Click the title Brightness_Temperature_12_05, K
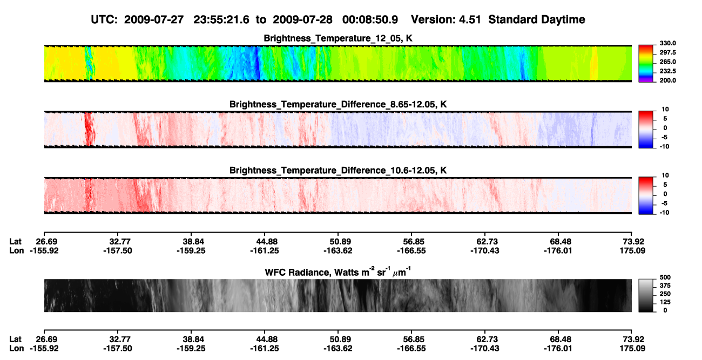[338, 38]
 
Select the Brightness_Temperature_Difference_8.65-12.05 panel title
[338, 104]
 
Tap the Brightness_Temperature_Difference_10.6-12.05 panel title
[338, 171]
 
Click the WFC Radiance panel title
[338, 272]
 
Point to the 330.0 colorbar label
[667, 43]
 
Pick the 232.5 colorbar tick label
[667, 71]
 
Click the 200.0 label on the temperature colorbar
[667, 80]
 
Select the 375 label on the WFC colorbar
[665, 286]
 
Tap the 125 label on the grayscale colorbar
[665, 302]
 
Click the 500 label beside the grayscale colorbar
[665, 277]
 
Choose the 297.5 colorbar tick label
[667, 53]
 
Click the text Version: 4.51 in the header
[446, 20]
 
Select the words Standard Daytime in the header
[537, 20]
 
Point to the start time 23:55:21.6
[221, 20]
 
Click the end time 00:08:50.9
[370, 20]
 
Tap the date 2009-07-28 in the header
[302, 20]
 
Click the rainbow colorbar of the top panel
[646, 64]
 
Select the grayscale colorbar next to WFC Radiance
[646, 295]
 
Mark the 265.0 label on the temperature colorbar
[667, 62]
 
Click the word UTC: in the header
[104, 20]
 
